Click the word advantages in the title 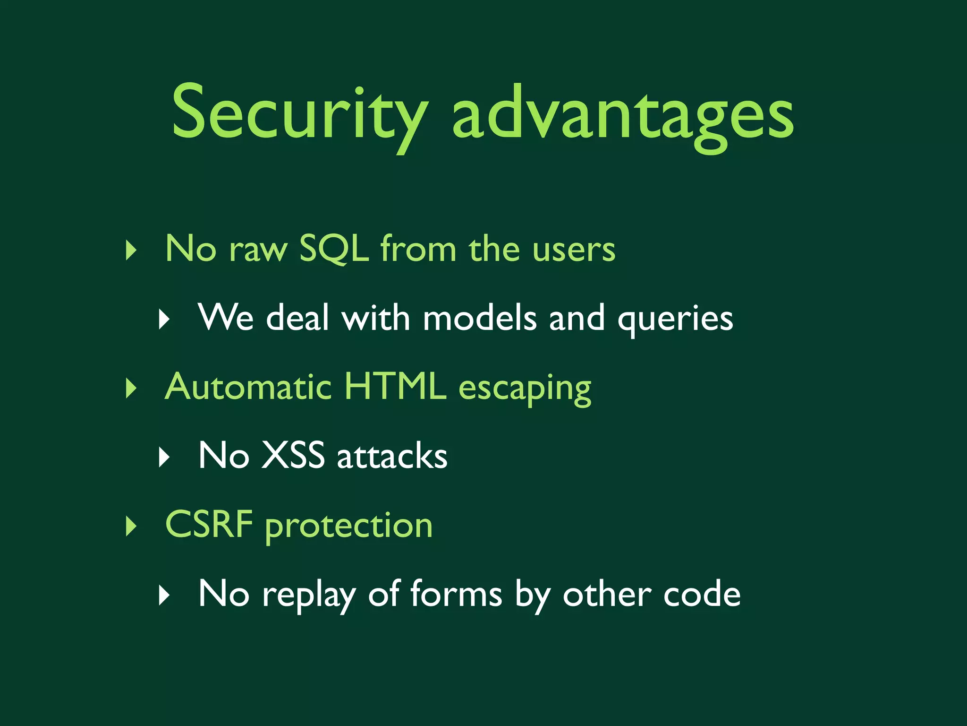[x=622, y=116]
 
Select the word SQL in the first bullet [x=334, y=249]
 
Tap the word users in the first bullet [x=574, y=250]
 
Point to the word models [x=480, y=318]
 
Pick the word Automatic [x=248, y=387]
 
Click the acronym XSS [x=293, y=456]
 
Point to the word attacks [x=392, y=456]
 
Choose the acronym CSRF [x=209, y=525]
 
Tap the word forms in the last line [x=456, y=594]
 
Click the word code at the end [x=702, y=594]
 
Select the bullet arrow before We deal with [x=163, y=320]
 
